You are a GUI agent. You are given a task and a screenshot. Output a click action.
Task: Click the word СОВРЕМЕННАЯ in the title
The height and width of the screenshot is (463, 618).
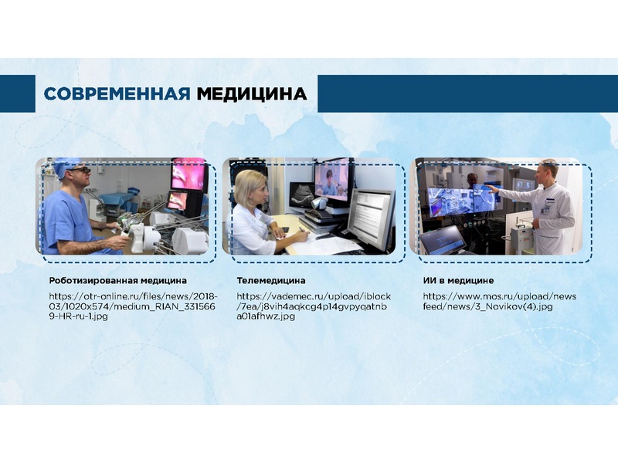pyautogui.click(x=117, y=93)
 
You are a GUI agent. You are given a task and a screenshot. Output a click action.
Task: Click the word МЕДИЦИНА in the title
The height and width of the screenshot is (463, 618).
pyautogui.click(x=252, y=94)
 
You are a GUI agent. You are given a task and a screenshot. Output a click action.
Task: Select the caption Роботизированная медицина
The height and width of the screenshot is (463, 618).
pyautogui.click(x=118, y=281)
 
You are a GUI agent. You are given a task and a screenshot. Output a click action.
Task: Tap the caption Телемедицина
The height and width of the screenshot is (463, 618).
pyautogui.click(x=271, y=281)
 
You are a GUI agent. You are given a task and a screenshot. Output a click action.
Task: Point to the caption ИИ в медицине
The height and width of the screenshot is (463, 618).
pyautogui.click(x=458, y=281)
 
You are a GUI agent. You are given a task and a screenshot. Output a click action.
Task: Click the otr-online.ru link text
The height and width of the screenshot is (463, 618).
pyautogui.click(x=133, y=306)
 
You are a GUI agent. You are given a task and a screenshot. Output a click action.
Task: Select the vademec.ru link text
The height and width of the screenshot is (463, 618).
pyautogui.click(x=314, y=306)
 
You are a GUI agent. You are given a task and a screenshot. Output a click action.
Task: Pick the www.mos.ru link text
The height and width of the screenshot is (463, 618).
pyautogui.click(x=499, y=301)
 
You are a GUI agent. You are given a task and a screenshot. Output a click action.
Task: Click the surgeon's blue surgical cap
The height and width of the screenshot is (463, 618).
pyautogui.click(x=66, y=166)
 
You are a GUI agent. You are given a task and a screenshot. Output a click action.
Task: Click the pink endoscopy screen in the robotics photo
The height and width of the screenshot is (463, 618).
pyautogui.click(x=188, y=174)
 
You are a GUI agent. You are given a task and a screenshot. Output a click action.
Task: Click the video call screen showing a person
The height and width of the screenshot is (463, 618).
pyautogui.click(x=331, y=180)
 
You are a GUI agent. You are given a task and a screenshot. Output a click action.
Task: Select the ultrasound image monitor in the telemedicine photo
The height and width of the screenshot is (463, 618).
pyautogui.click(x=301, y=194)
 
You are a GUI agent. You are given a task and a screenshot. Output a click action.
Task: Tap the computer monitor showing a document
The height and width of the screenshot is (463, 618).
pyautogui.click(x=371, y=219)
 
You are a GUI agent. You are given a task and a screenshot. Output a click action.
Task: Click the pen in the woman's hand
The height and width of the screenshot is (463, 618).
pyautogui.click(x=302, y=231)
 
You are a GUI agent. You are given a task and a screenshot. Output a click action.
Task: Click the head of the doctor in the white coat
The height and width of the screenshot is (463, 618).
pyautogui.click(x=548, y=171)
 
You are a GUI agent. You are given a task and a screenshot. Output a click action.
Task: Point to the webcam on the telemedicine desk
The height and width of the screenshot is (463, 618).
pyautogui.click(x=320, y=204)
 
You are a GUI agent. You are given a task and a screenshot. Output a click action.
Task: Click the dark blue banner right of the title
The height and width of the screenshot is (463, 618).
pyautogui.click(x=468, y=93)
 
